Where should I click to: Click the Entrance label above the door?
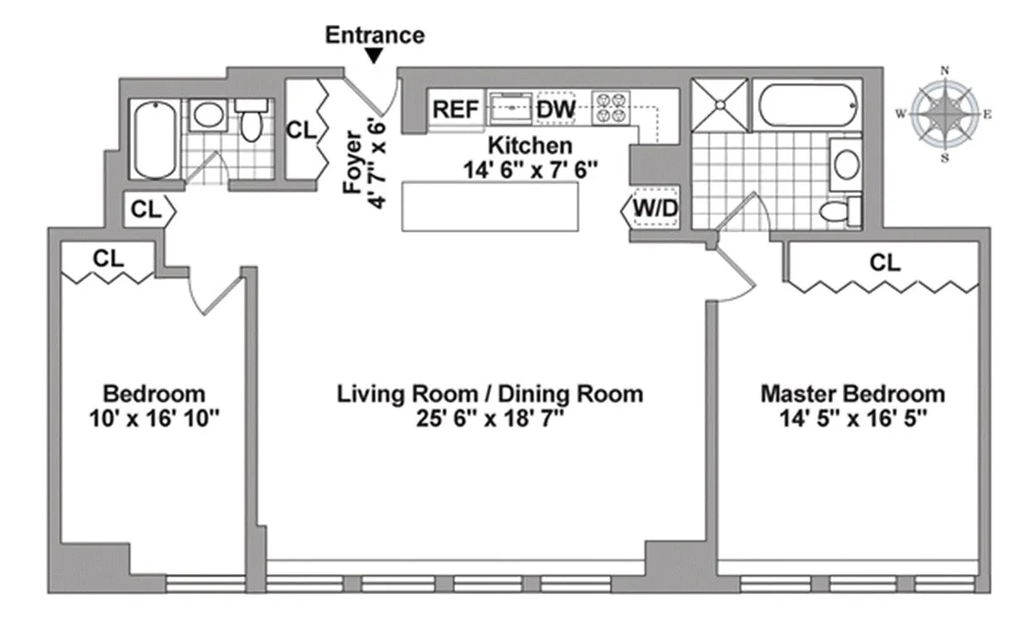(374, 35)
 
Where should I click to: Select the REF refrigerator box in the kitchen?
(455, 109)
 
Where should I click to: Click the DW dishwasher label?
(556, 109)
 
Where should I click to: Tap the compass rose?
(945, 114)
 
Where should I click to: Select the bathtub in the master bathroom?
(806, 102)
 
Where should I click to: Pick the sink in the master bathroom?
(846, 164)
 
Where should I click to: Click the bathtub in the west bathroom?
(153, 141)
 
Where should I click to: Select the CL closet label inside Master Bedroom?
(885, 263)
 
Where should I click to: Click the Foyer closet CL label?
(302, 129)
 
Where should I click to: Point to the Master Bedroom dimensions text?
(852, 418)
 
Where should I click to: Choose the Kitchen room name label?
(531, 145)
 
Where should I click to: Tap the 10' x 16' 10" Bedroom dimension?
(154, 418)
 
